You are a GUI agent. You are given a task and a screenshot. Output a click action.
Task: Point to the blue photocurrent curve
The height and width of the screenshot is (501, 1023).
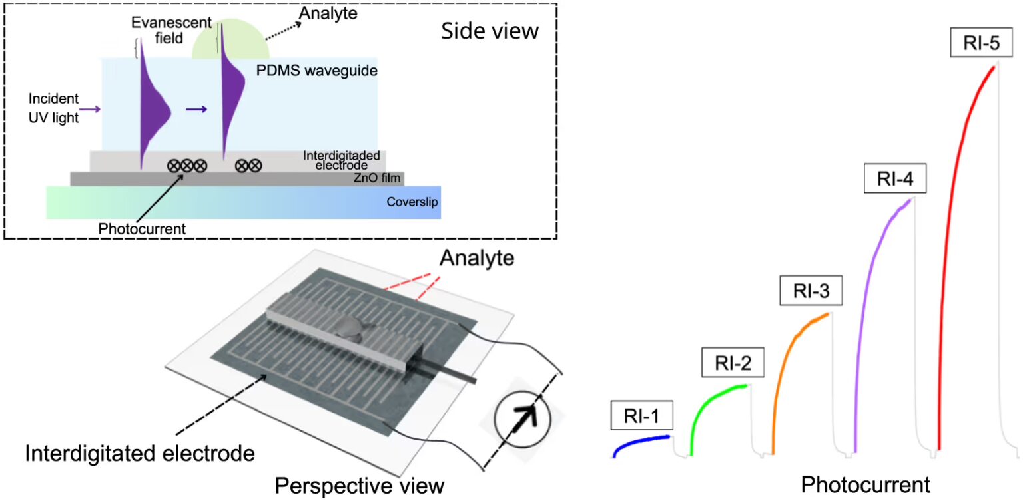pos(639,442)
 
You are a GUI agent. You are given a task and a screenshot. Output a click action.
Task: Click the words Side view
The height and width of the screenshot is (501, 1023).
pos(490,31)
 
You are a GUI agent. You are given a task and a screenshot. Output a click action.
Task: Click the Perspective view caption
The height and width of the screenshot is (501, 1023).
pos(360,485)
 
